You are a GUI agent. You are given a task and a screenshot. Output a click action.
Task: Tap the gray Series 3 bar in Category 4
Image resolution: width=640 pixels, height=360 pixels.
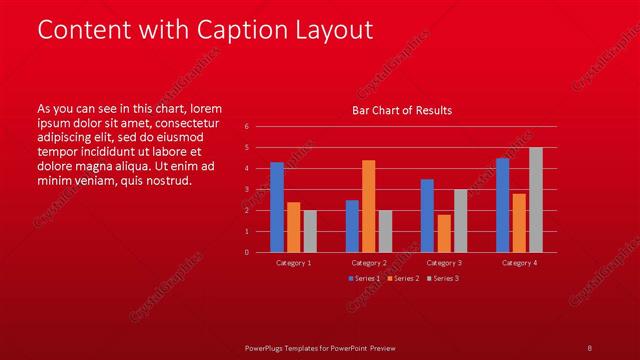point(536,200)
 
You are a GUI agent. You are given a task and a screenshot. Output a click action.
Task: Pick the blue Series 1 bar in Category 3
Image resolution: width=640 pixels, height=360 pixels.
point(427,215)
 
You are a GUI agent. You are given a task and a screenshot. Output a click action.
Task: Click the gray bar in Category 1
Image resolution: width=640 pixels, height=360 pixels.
point(310,231)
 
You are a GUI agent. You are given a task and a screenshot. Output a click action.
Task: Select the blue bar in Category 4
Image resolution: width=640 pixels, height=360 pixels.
point(502,205)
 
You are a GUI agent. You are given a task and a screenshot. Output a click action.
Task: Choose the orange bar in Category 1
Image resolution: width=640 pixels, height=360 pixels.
point(293,227)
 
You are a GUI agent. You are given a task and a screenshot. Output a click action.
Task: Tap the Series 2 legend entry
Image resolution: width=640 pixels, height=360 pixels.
point(402,278)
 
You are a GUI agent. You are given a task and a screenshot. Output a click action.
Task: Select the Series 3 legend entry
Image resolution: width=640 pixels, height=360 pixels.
point(441,278)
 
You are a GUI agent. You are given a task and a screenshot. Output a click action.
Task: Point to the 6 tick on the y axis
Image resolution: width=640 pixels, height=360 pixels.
point(247,127)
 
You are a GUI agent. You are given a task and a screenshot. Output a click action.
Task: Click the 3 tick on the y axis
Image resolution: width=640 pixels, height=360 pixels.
point(247,189)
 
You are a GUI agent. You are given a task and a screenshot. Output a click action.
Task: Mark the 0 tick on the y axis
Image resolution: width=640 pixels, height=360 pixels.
point(247,252)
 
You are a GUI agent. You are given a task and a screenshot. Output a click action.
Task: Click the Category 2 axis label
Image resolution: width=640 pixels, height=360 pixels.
point(369,262)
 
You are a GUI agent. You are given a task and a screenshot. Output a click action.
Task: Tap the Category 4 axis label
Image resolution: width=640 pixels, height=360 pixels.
point(519,262)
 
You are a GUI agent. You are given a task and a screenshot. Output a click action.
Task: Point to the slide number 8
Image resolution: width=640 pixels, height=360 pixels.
point(590,348)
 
